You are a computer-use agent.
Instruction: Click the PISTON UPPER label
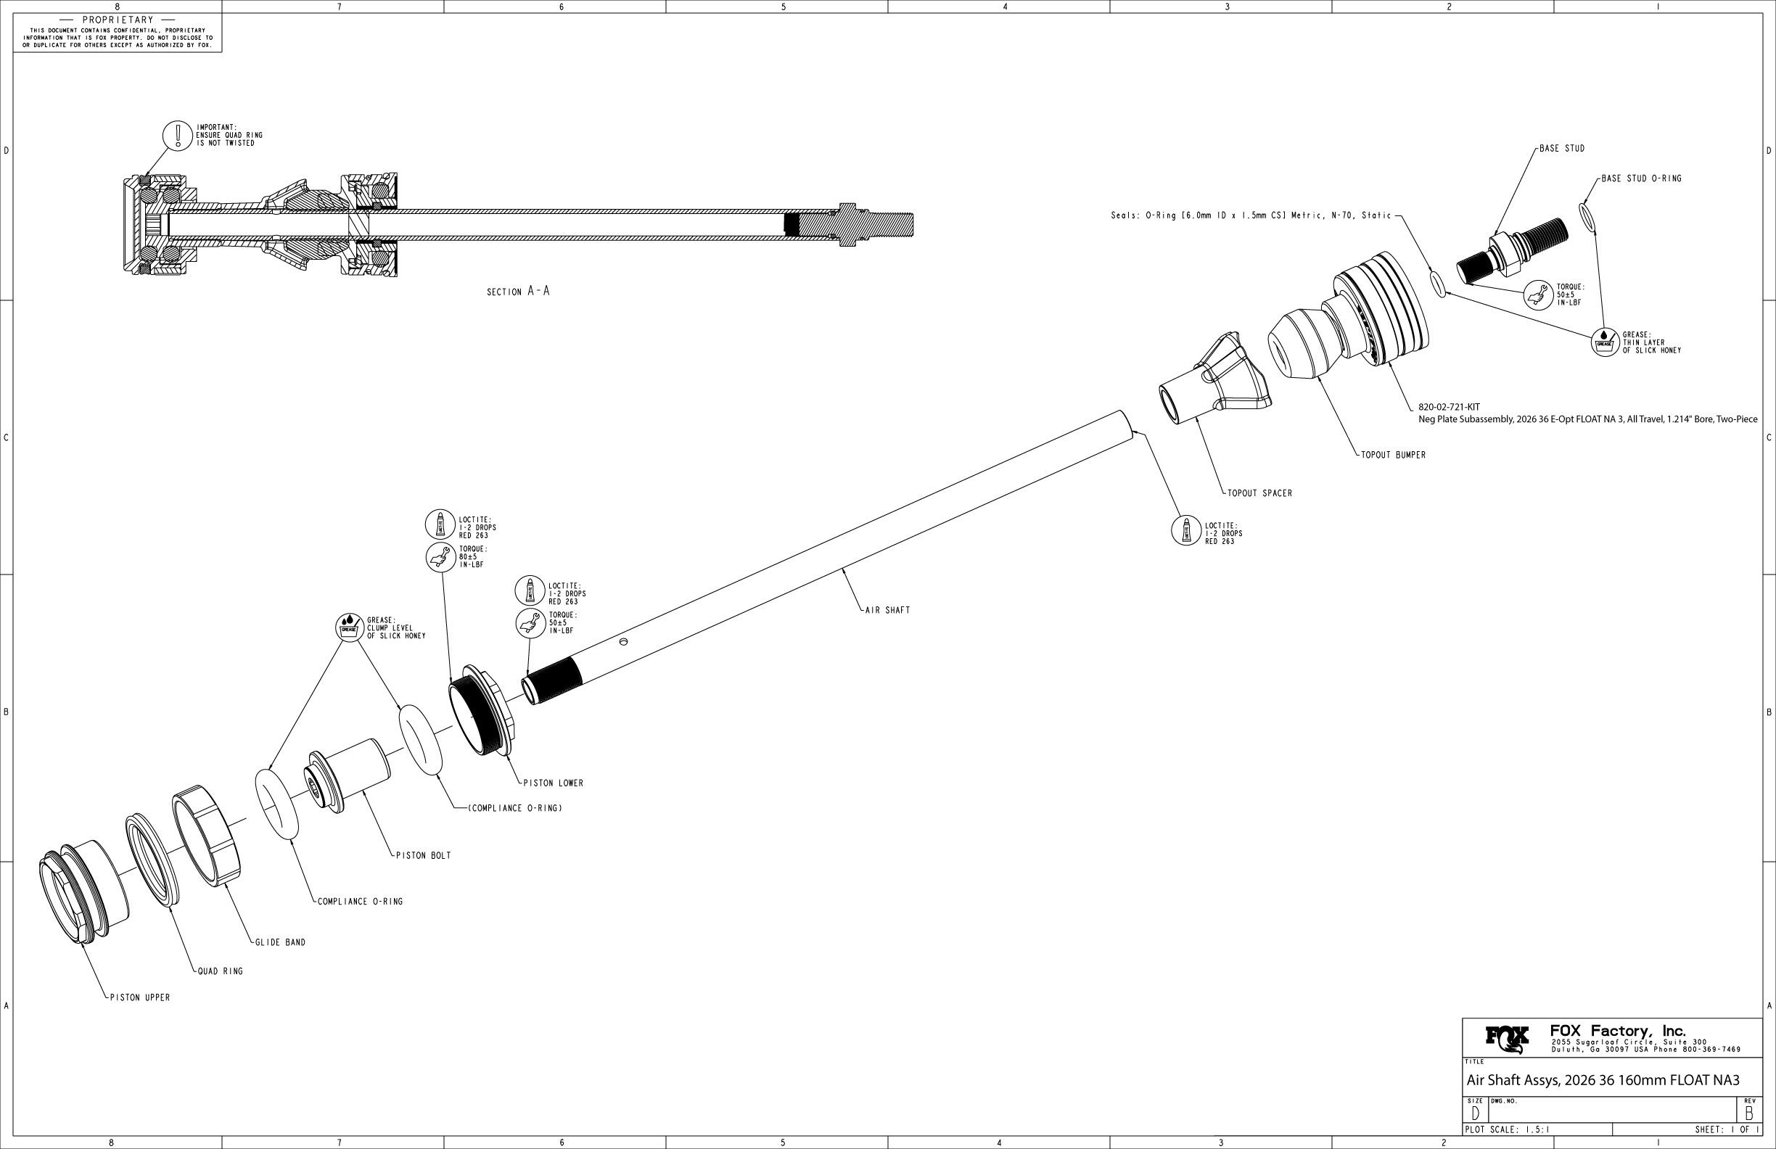(139, 997)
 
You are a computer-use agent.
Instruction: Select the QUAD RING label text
(220, 971)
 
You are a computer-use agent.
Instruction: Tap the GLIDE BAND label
(280, 942)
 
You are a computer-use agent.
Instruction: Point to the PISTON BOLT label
(423, 856)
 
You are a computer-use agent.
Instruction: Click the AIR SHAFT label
(887, 610)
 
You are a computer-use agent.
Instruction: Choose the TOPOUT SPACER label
(1259, 493)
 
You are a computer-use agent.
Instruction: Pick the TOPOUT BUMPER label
(1393, 455)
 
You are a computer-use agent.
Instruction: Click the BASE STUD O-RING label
(1641, 179)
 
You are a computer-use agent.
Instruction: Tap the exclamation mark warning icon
(178, 135)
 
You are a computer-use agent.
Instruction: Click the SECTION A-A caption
(518, 292)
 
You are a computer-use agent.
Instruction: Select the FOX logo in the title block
(1507, 1039)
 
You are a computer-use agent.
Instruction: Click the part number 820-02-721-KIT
(1448, 408)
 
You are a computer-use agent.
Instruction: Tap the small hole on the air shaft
(624, 642)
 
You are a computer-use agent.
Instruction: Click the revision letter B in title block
(1748, 1113)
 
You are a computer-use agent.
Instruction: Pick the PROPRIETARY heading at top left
(118, 20)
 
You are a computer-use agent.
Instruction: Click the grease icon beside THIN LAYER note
(1603, 342)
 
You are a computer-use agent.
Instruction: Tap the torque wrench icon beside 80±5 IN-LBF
(440, 556)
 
